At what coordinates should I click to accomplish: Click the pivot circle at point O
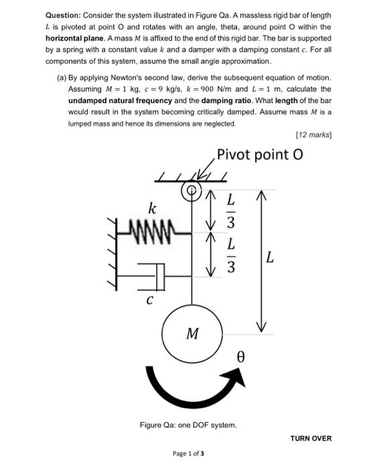[x=192, y=191]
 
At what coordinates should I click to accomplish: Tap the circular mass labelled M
[x=194, y=332]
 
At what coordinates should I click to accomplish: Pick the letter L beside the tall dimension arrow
[x=269, y=257]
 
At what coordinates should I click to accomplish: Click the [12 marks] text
[x=313, y=135]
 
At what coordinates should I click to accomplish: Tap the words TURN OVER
[x=311, y=438]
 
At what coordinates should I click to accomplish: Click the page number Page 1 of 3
[x=188, y=454]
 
